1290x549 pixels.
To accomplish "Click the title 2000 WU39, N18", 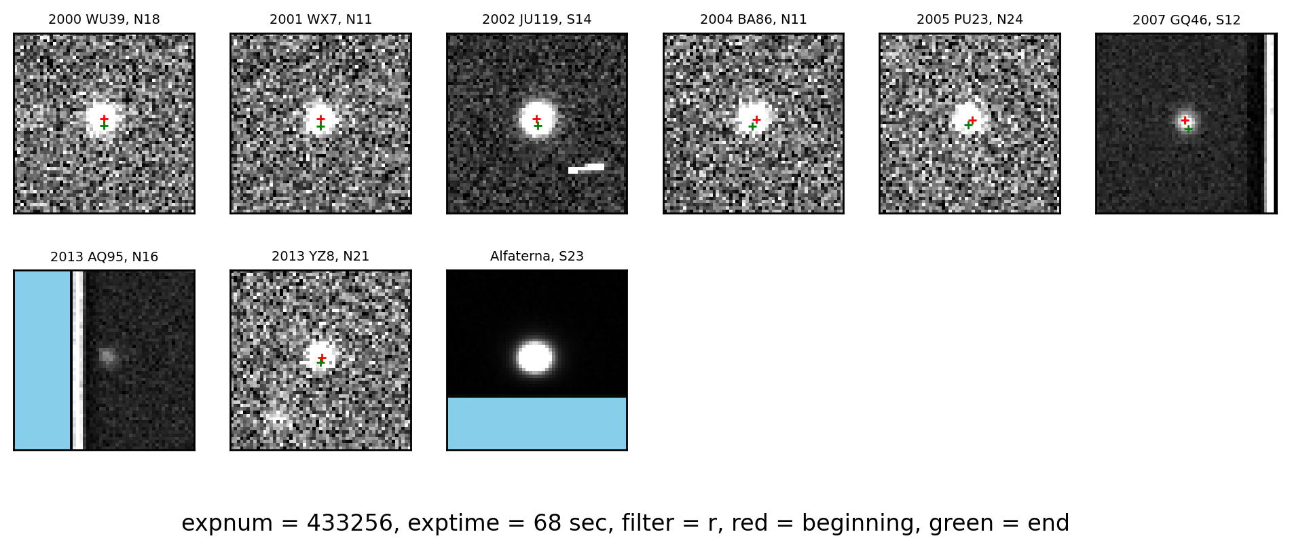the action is pos(104,20).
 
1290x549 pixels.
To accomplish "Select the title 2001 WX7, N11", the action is pos(320,20).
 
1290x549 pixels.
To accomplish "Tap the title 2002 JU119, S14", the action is pos(536,20).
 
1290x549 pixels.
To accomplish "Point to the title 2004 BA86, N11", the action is pos(753,20).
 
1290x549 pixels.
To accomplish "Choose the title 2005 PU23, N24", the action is pos(970,20).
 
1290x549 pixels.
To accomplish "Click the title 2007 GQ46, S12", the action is pos(1186,20).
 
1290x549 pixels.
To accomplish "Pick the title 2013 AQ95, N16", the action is pos(104,257).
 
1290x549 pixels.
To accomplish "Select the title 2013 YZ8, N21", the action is pos(320,257).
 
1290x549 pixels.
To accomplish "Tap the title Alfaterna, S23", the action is pos(536,257).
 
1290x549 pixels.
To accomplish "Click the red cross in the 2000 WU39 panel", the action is pos(104,119).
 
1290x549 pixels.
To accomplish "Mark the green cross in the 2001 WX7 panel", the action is pos(320,126).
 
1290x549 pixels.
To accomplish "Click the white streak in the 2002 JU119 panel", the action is pos(586,168).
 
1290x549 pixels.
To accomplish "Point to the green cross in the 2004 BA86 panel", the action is pos(752,126).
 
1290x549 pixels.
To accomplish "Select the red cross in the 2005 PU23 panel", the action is pos(972,120).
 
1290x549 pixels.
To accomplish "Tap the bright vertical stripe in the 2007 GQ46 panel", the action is pos(1269,123).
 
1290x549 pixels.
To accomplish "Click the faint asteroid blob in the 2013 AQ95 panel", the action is pos(107,356).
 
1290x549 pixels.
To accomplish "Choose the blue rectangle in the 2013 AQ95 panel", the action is pos(42,360).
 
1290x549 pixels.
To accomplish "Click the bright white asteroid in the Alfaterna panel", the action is pos(535,358).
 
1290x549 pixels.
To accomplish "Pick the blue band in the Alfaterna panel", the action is pos(536,423).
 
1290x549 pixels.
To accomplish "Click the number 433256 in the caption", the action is pos(350,523).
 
